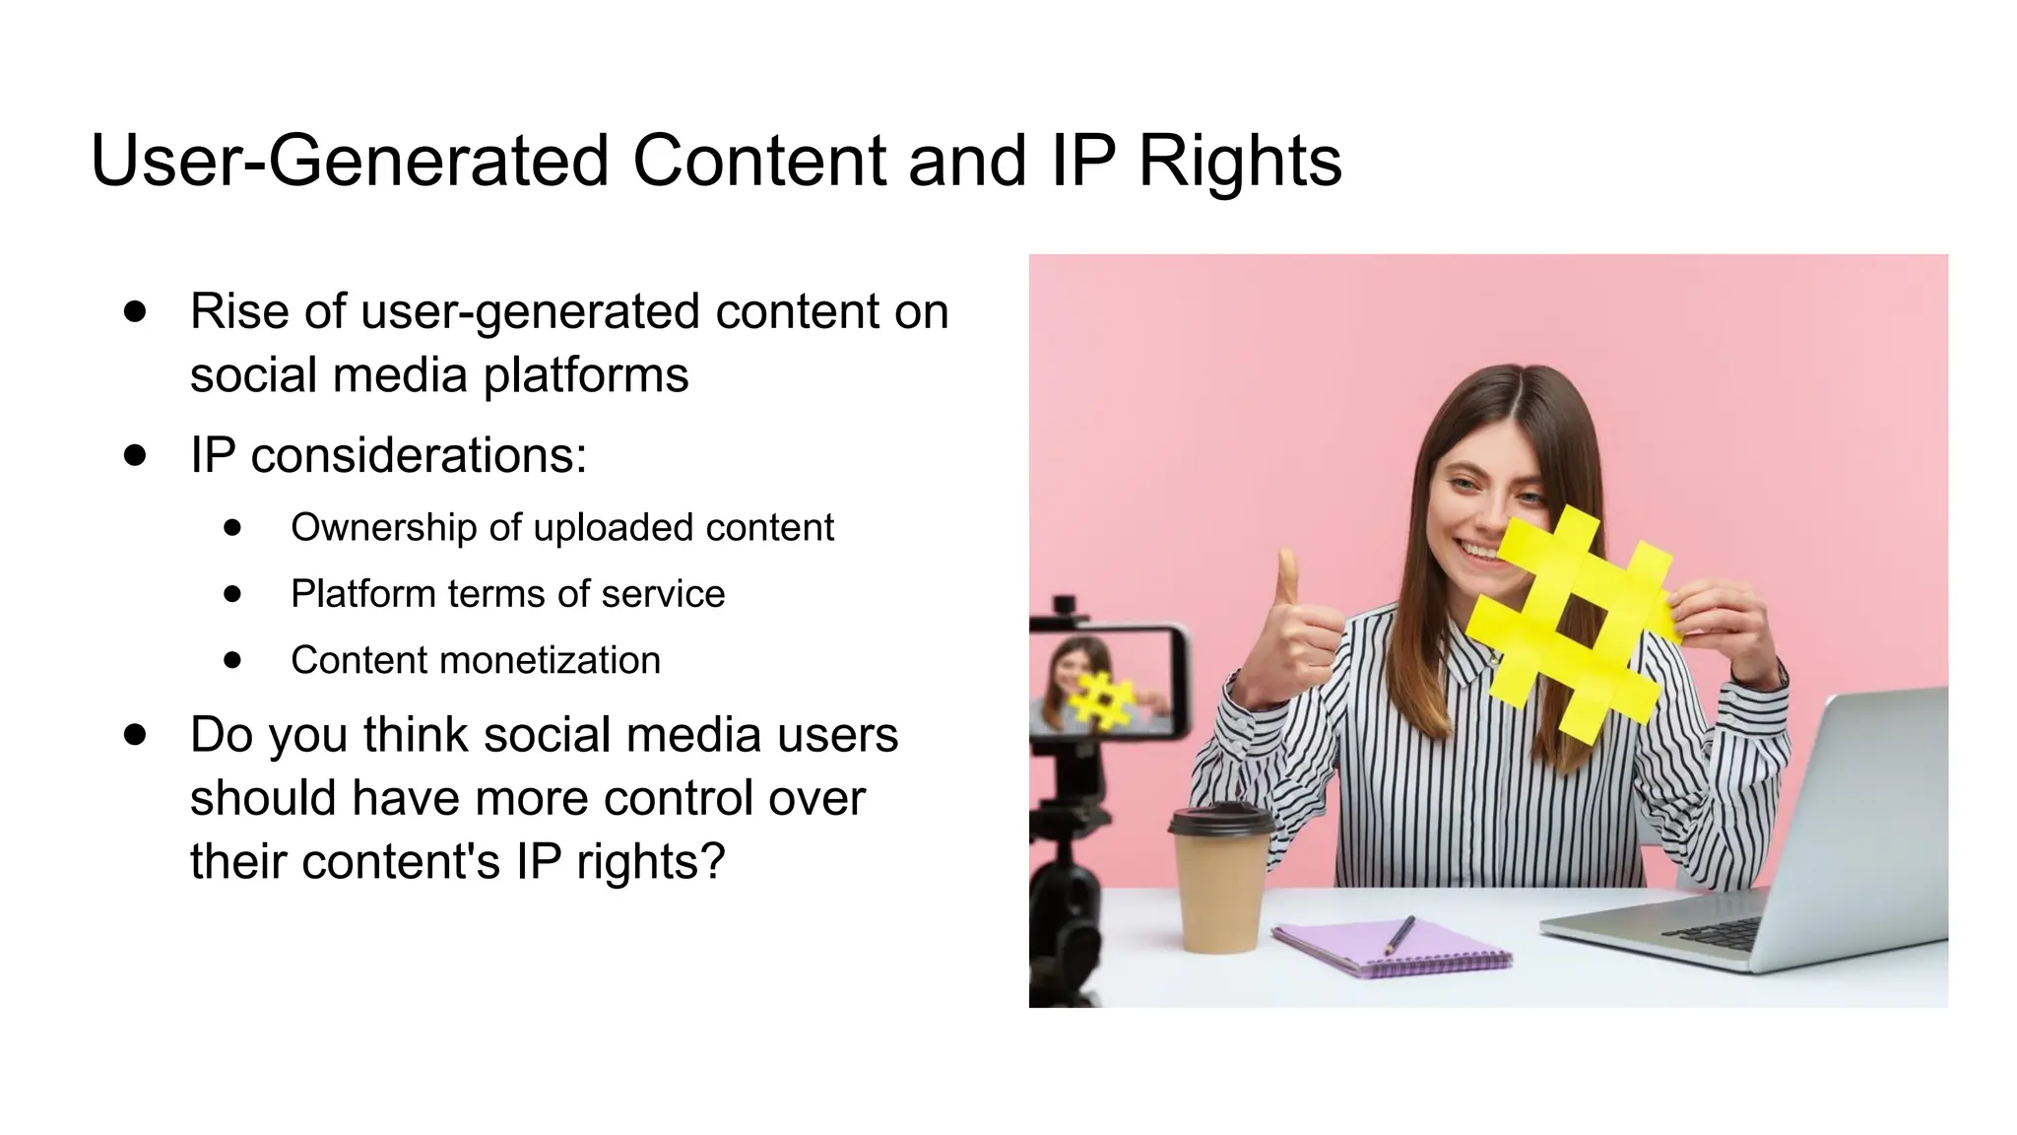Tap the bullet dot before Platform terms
click(x=232, y=594)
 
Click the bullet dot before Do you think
click(x=136, y=735)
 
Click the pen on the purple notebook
click(x=1399, y=935)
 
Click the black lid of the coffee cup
click(x=1220, y=820)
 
